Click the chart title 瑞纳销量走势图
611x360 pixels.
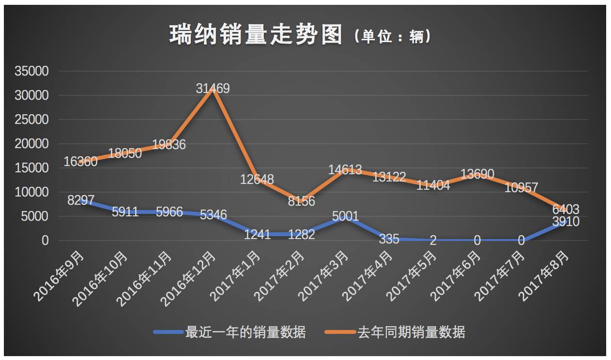(256, 35)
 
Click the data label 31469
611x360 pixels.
(213, 89)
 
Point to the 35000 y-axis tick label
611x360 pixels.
(31, 72)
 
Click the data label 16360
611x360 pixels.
(80, 162)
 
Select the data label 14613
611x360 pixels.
(345, 170)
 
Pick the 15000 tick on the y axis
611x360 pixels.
(31, 168)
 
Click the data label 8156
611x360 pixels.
(301, 201)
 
